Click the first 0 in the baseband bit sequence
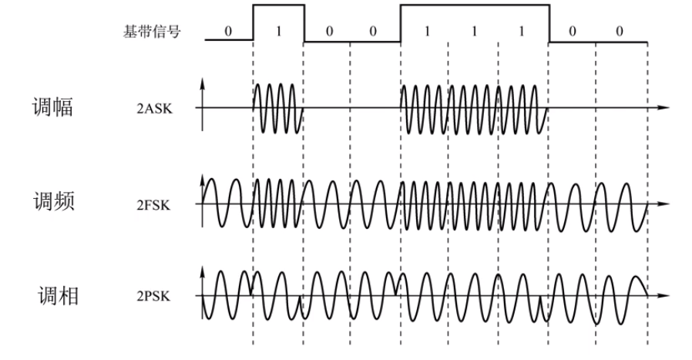[x=228, y=32]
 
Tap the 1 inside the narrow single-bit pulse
[x=278, y=32]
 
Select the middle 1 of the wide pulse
[x=473, y=32]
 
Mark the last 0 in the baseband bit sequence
[x=621, y=32]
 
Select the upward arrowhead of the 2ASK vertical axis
[x=203, y=80]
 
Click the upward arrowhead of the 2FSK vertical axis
[x=203, y=178]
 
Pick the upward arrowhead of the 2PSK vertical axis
[x=203, y=271]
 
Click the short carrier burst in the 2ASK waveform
[x=277, y=108]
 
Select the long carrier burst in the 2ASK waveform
[x=474, y=108]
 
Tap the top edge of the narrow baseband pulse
[x=278, y=5]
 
